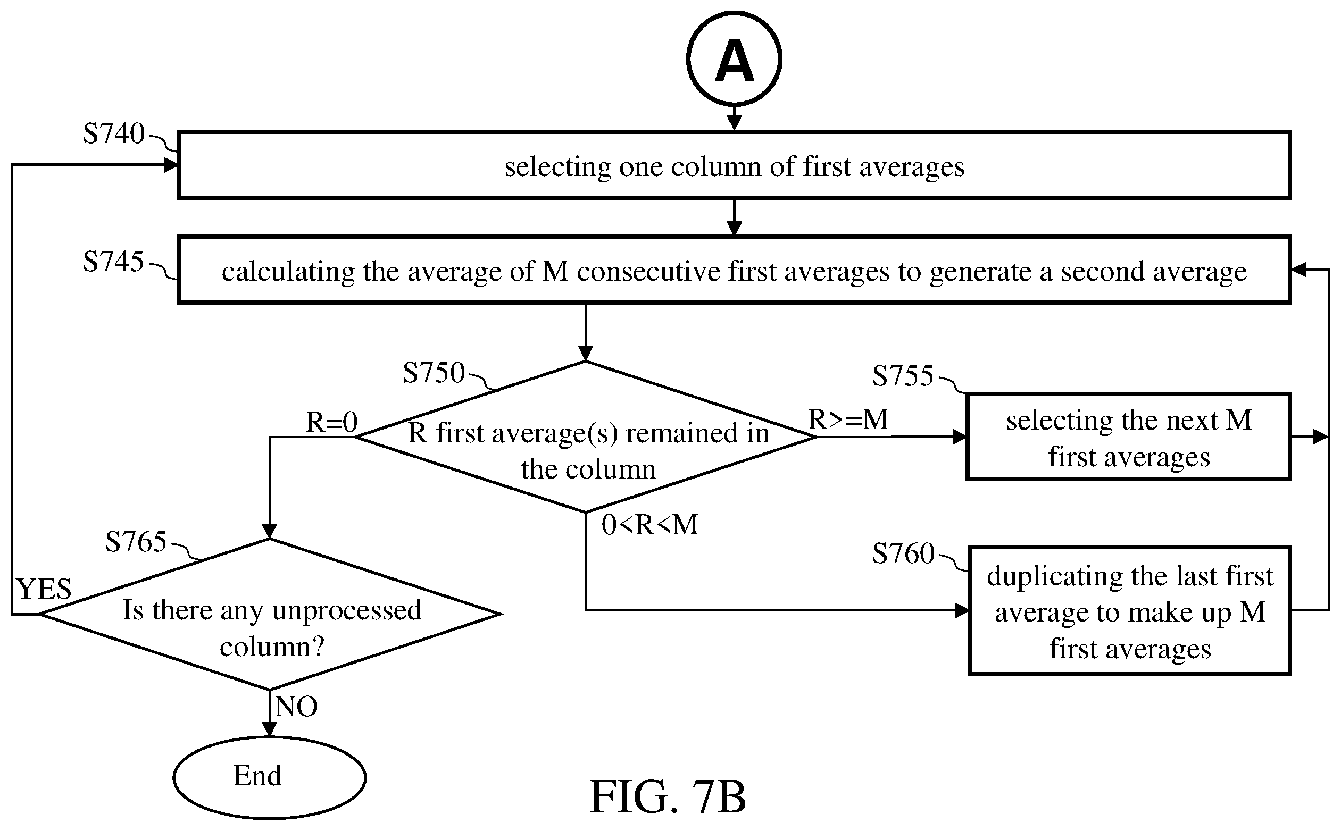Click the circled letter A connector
pyautogui.click(x=734, y=59)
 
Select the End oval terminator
pyautogui.click(x=269, y=777)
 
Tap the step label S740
pyautogui.click(x=114, y=133)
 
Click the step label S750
pyautogui.click(x=434, y=373)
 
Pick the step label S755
pyautogui.click(x=903, y=376)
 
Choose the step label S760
pyautogui.click(x=903, y=553)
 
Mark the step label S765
pyautogui.click(x=136, y=541)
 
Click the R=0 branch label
pyautogui.click(x=331, y=422)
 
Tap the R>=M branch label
pyautogui.click(x=848, y=419)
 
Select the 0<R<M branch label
pyautogui.click(x=649, y=524)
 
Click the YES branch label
pyautogui.click(x=44, y=589)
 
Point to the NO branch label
pyautogui.click(x=296, y=706)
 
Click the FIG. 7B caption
pyautogui.click(x=668, y=796)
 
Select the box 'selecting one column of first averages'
pyautogui.click(x=734, y=165)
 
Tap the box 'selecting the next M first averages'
pyautogui.click(x=1128, y=437)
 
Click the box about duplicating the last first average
pyautogui.click(x=1129, y=610)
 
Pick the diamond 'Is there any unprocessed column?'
pyautogui.click(x=269, y=614)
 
